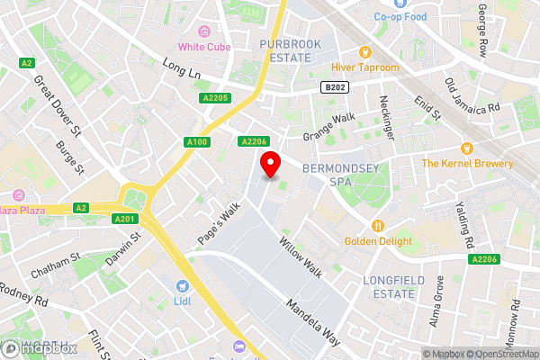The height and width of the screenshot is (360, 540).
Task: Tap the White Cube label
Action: coord(204,47)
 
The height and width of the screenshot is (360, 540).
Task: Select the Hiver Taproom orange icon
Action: coord(365,51)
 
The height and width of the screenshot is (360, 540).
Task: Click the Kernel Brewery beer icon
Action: coord(466,148)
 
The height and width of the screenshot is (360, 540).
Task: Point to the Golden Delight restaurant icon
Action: coord(378,225)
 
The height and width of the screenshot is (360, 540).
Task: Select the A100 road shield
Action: coord(198,141)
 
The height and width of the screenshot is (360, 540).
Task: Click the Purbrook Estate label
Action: coord(284,50)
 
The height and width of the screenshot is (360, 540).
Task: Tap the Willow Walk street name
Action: coord(300,255)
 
